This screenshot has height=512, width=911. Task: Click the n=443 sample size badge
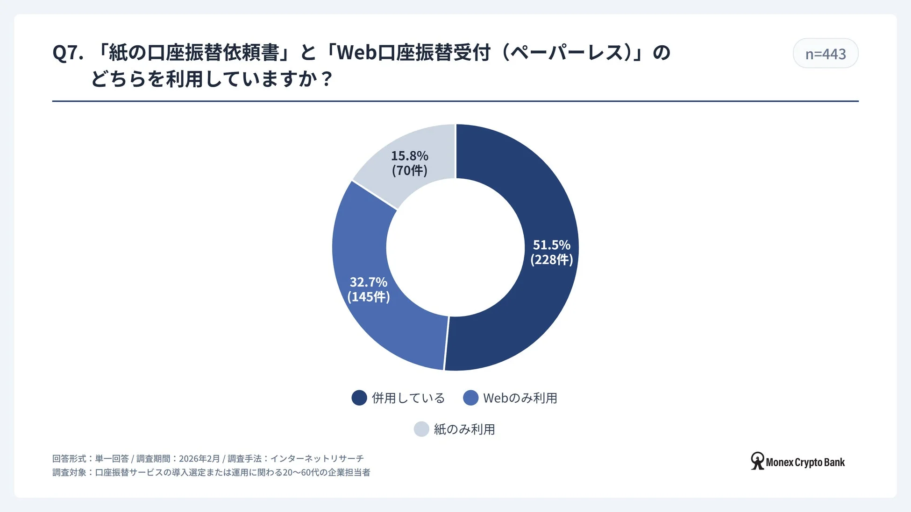click(x=825, y=54)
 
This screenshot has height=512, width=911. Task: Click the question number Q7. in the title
click(x=68, y=53)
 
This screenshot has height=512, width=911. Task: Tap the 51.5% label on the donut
click(x=551, y=245)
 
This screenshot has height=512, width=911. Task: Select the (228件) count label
click(x=551, y=260)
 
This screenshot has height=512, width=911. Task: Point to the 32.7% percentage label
click(x=368, y=282)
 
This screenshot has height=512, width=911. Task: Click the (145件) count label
click(x=368, y=297)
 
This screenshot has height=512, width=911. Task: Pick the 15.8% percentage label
click(x=409, y=155)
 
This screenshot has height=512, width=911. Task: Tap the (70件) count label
click(x=409, y=170)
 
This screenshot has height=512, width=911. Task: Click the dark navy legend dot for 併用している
click(x=359, y=398)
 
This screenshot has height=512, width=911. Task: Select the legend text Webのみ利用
click(x=520, y=398)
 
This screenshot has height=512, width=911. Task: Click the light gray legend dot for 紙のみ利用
click(x=421, y=429)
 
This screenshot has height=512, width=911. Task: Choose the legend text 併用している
click(x=408, y=398)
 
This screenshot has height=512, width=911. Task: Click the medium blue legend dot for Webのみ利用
click(x=470, y=398)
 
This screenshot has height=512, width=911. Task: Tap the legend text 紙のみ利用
click(x=464, y=429)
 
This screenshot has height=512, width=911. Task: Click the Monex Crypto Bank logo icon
click(x=757, y=461)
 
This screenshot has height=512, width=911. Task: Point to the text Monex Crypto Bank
click(x=805, y=463)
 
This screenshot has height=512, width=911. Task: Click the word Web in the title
click(x=356, y=53)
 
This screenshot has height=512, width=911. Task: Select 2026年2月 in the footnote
click(x=199, y=459)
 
